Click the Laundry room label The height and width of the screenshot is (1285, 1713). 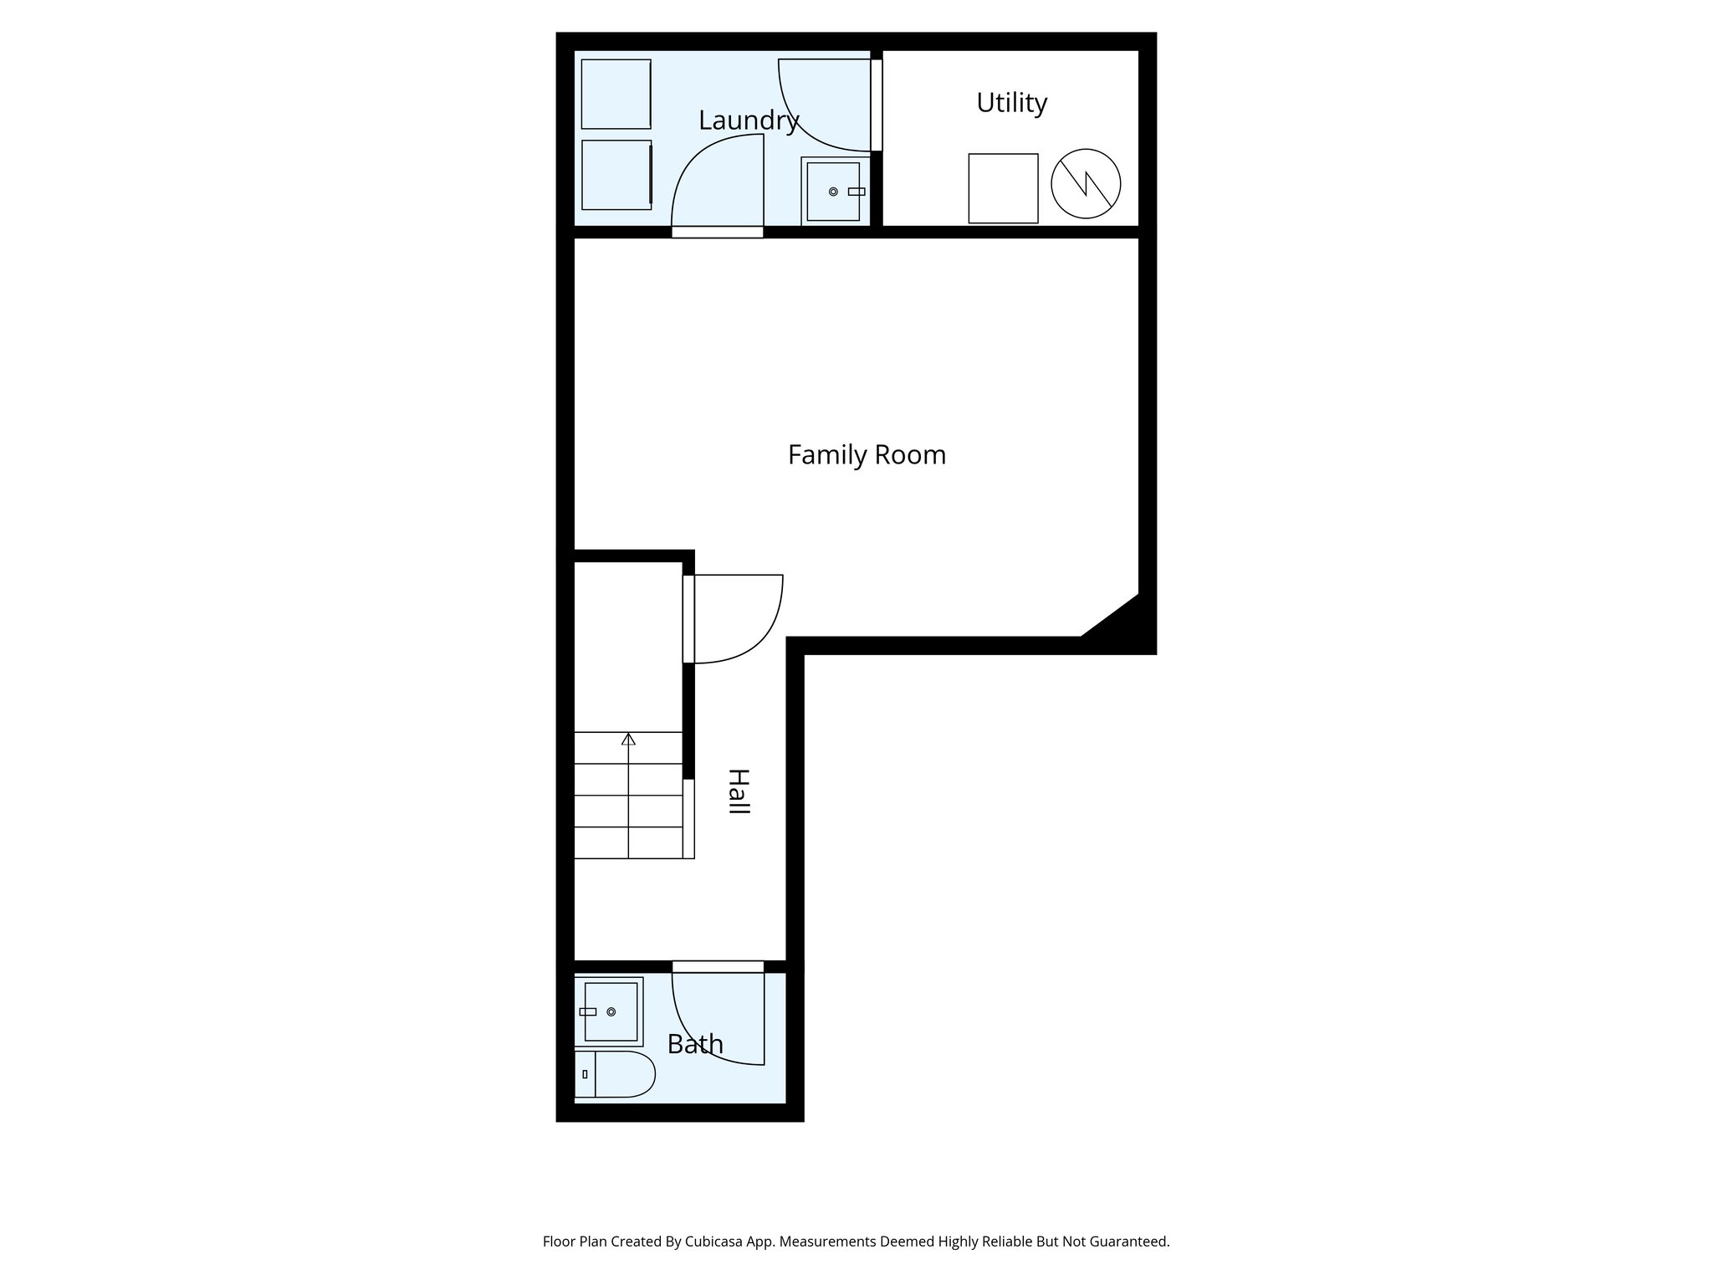749,120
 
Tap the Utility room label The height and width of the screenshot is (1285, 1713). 1011,103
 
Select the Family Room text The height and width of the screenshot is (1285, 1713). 867,455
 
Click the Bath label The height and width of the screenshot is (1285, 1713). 694,1044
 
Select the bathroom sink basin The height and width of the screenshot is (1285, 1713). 611,1011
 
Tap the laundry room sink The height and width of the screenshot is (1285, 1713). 833,192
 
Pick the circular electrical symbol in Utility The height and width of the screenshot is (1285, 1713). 1086,184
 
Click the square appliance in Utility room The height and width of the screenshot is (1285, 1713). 1003,188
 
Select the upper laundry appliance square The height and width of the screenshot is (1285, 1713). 616,94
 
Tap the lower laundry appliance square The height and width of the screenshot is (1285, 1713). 616,175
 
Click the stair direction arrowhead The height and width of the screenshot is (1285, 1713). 628,739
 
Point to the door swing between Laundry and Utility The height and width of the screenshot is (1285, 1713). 824,100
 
